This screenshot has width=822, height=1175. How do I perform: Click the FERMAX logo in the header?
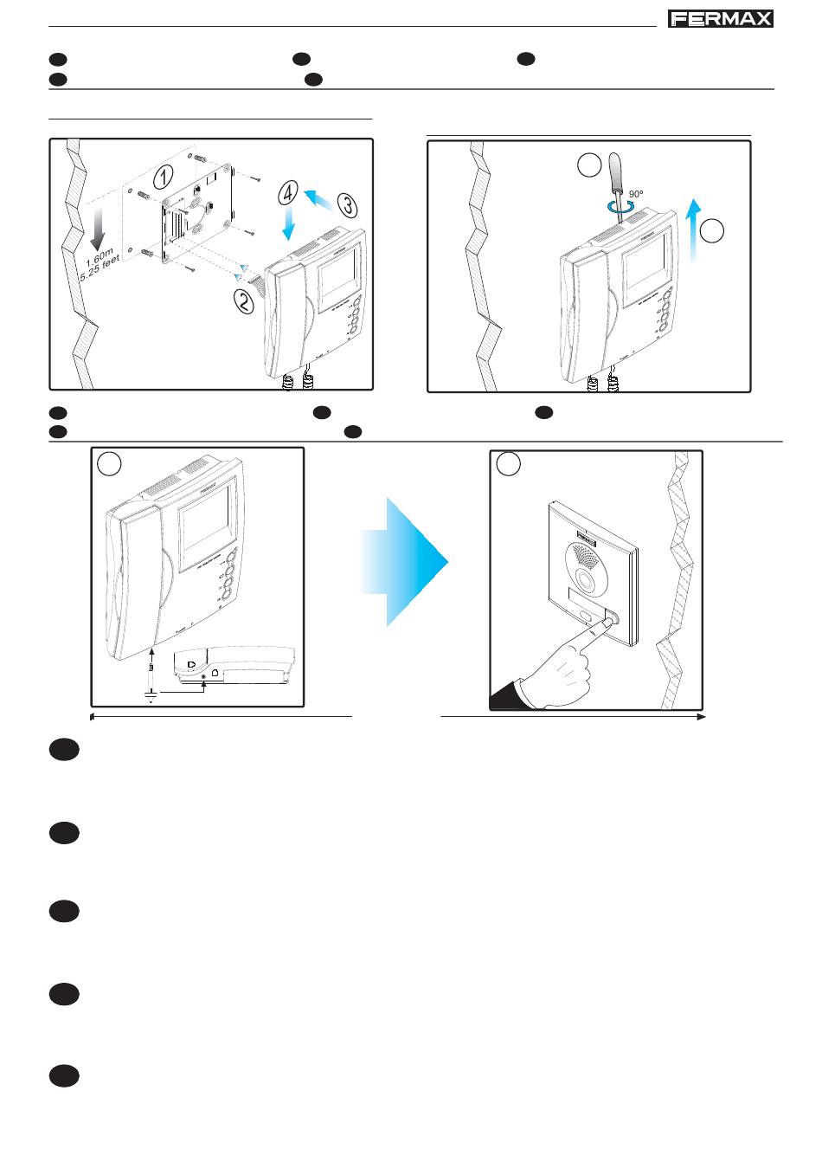click(720, 19)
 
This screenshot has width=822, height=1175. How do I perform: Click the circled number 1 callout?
click(164, 177)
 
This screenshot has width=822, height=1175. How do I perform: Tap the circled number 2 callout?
click(244, 302)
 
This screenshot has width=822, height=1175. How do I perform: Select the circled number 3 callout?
click(348, 205)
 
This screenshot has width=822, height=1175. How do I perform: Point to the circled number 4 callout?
click(288, 192)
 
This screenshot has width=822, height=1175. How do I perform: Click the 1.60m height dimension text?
click(100, 256)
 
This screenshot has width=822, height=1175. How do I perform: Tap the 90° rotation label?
click(636, 194)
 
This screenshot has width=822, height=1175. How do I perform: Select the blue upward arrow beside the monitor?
click(694, 230)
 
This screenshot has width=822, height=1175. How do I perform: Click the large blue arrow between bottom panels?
click(405, 562)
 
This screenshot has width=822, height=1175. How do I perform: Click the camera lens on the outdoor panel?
click(586, 580)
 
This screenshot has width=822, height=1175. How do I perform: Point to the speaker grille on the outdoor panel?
click(586, 556)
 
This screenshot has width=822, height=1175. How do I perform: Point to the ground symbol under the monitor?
click(151, 695)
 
